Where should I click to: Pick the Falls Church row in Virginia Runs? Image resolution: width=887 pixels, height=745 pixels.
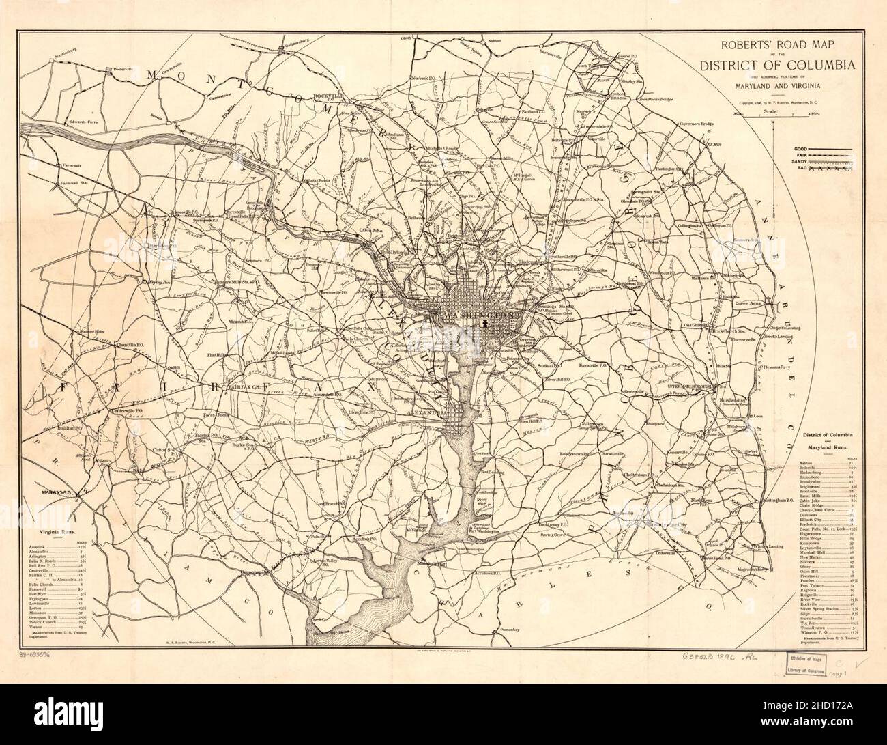tap(44, 585)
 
